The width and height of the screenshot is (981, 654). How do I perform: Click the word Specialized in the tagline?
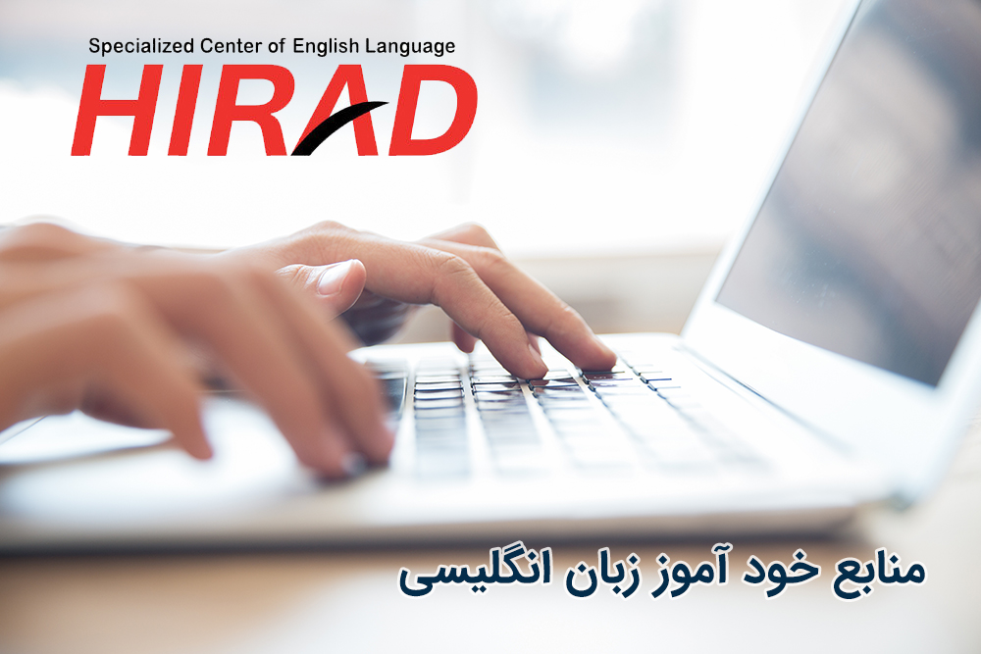click(x=140, y=47)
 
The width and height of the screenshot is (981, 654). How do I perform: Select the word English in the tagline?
click(x=326, y=47)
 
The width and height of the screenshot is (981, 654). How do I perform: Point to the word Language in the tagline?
click(x=410, y=47)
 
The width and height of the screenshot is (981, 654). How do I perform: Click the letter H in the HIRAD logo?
click(x=117, y=110)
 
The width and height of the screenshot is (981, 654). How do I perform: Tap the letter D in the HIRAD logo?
click(x=433, y=110)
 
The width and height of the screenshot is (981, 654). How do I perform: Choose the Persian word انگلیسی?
click(x=476, y=572)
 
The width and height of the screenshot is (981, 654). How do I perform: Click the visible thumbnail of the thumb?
click(x=339, y=277)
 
